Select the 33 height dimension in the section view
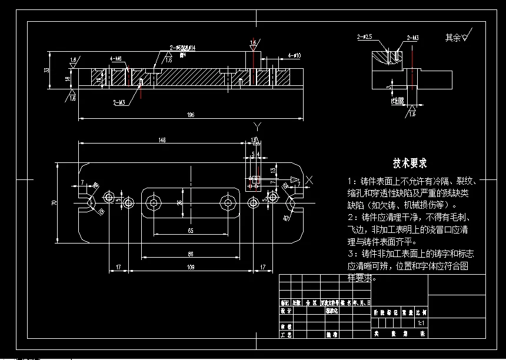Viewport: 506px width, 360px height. (47, 70)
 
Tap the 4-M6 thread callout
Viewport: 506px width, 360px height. (115, 59)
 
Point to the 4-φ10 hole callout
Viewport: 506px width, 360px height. (294, 55)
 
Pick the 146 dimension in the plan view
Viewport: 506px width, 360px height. (162, 140)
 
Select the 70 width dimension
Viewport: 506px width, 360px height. (54, 202)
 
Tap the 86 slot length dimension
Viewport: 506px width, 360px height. (191, 254)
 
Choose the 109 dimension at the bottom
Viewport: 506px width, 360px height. (191, 268)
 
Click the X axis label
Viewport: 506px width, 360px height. (309, 179)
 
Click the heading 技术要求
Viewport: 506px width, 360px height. (410, 163)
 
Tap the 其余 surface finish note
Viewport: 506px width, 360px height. (455, 37)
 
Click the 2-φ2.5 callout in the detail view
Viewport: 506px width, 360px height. (365, 37)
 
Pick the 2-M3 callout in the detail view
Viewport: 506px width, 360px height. (412, 38)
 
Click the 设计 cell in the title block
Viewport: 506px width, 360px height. (286, 311)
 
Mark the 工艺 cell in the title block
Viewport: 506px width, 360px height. (286, 334)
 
